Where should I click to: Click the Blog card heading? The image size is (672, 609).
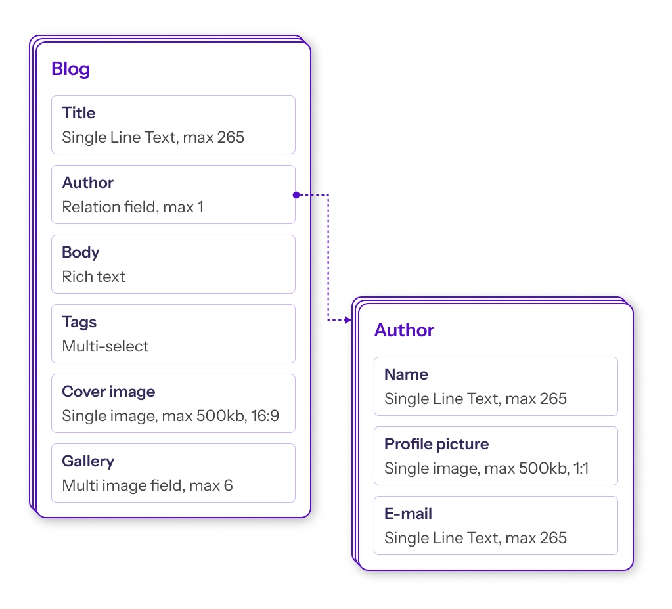(70, 69)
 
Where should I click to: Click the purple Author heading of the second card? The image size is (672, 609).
(404, 330)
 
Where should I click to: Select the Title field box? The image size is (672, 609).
(173, 125)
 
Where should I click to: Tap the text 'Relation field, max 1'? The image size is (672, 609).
(133, 207)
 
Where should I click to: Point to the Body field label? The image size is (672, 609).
(81, 252)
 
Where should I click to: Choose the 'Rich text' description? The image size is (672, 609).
(93, 277)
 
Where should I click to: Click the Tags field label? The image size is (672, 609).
(79, 322)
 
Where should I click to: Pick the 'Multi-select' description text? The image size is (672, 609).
(105, 346)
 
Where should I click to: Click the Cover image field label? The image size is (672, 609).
(108, 392)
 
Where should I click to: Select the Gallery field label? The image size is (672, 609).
(88, 461)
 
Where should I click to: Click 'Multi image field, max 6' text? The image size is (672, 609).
(147, 485)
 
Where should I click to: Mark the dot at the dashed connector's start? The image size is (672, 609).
(296, 194)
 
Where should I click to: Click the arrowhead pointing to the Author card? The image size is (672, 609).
(347, 320)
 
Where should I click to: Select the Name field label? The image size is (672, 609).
(406, 374)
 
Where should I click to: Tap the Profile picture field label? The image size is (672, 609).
(436, 444)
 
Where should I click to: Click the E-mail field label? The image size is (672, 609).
(408, 514)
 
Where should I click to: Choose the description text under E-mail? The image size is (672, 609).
(475, 538)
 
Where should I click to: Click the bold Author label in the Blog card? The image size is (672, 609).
(87, 183)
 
